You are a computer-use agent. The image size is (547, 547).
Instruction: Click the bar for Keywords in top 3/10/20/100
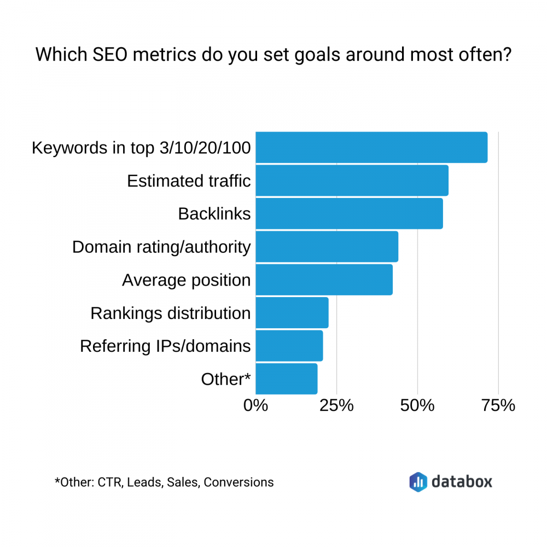[371, 148]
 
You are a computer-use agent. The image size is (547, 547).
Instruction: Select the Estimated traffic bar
[352, 181]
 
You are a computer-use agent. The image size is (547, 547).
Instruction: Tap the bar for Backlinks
[349, 213]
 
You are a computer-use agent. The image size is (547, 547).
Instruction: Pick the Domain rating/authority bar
[327, 247]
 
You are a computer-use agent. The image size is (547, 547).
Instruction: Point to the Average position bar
[324, 280]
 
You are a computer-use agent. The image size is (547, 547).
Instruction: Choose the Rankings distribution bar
[292, 313]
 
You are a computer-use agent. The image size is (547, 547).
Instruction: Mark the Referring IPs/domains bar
[289, 346]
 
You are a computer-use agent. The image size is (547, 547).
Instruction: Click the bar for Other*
[287, 379]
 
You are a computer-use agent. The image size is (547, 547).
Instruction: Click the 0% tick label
[255, 406]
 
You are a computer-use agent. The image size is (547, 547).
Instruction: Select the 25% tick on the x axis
[336, 406]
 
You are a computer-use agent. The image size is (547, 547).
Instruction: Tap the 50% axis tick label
[417, 406]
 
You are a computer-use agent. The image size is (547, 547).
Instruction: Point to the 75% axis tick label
[498, 406]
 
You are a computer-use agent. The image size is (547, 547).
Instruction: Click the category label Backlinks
[214, 214]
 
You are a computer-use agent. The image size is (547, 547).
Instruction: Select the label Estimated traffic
[189, 181]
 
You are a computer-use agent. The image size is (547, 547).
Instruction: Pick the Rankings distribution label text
[171, 313]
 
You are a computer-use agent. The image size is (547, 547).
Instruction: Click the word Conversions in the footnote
[238, 482]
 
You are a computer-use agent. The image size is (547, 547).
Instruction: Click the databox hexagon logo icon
[418, 481]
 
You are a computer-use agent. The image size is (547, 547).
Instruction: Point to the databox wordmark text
[462, 481]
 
